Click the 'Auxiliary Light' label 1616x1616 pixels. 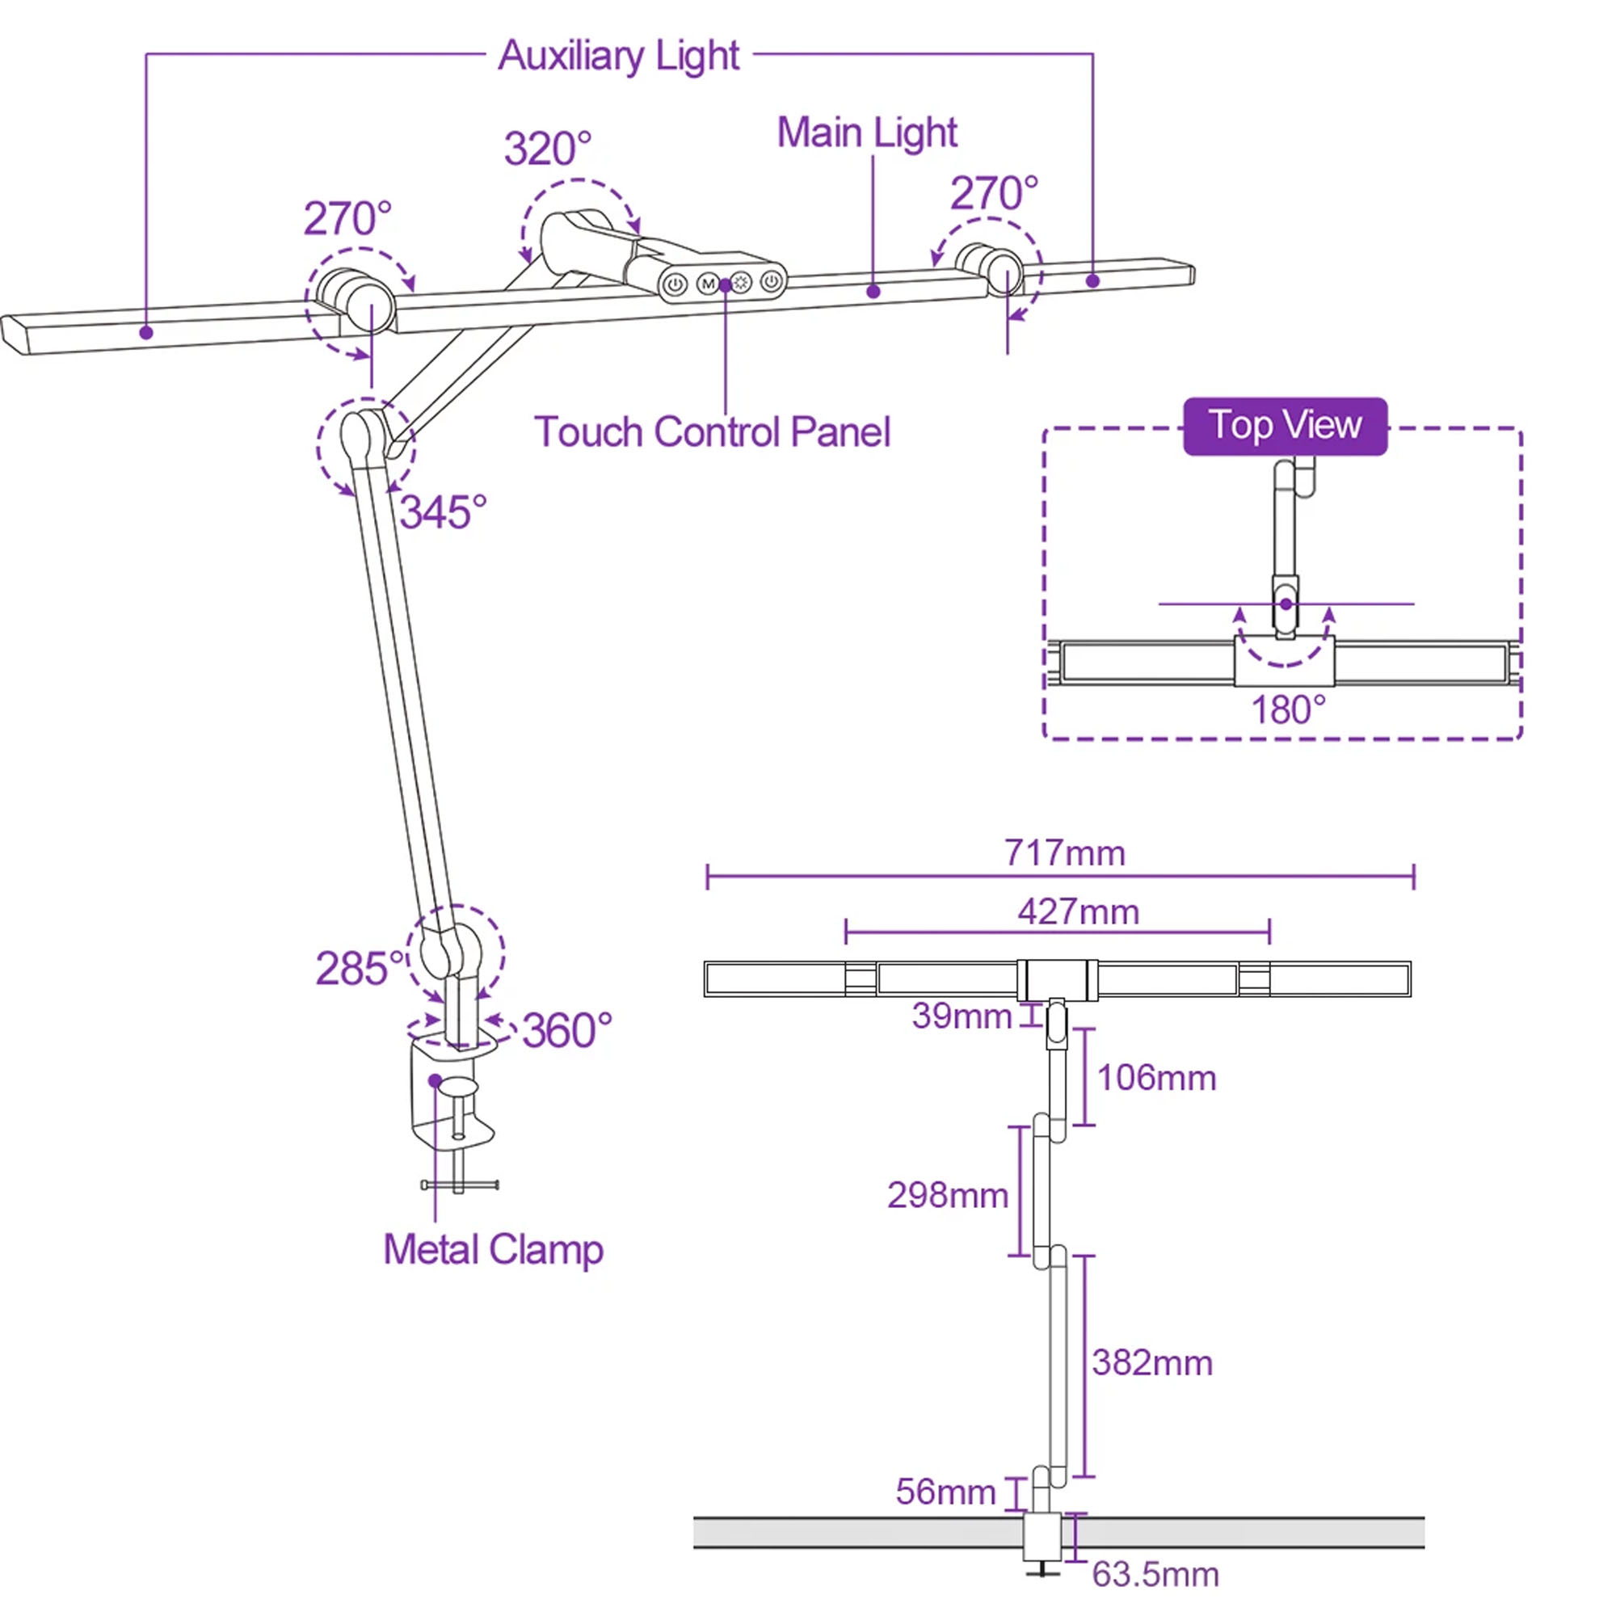[618, 57]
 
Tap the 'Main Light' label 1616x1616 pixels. [866, 133]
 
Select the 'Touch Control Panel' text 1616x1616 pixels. [712, 432]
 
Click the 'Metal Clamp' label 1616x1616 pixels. [493, 1250]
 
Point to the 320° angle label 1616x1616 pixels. [547, 149]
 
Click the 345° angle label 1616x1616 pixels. [443, 512]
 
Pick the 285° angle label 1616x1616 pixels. [360, 969]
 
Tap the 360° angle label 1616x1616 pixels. [567, 1029]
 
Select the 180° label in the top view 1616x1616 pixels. [1288, 710]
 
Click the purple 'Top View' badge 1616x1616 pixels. [1285, 426]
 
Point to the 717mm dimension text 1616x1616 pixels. [1064, 853]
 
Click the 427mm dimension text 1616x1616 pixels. [1078, 911]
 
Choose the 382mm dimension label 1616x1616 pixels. [1151, 1363]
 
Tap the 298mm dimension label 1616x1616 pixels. [948, 1195]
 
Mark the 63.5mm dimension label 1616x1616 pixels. [1155, 1575]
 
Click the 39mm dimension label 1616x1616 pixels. [962, 1016]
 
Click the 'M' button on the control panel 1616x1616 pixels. [708, 284]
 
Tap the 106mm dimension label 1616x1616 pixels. [1156, 1078]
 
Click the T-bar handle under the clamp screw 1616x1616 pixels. [459, 1185]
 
